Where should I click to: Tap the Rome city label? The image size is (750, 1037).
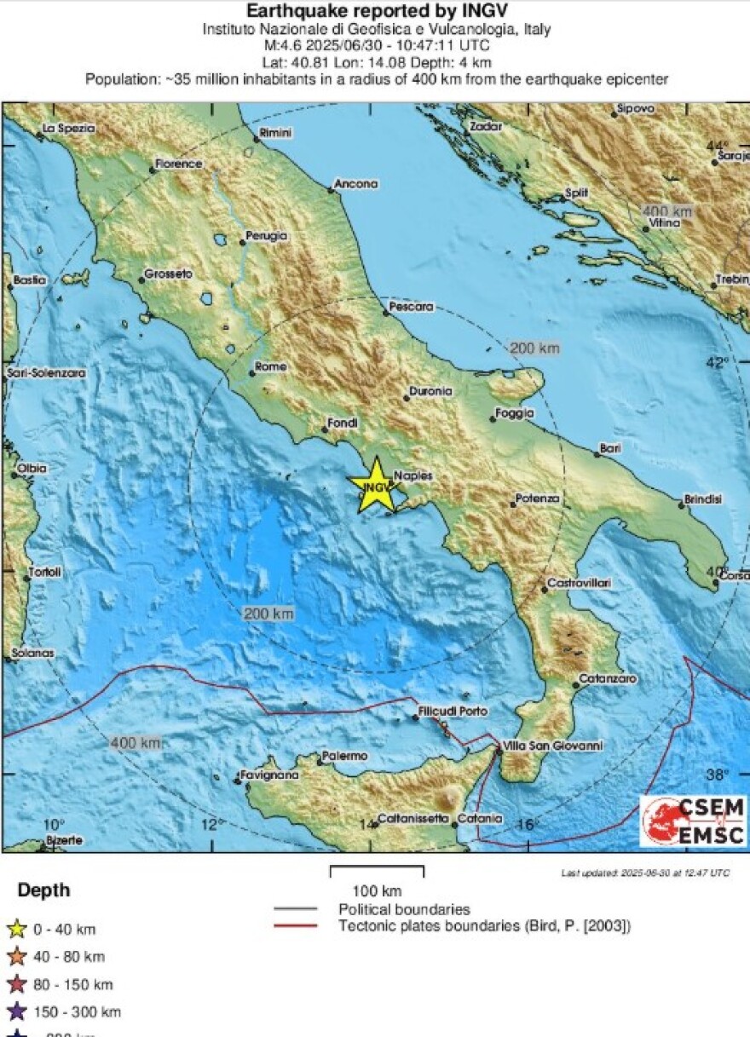point(271,367)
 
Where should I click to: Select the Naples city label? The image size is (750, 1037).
point(413,475)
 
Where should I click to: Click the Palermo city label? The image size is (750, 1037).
point(344,756)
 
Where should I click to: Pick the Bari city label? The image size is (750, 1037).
point(610,447)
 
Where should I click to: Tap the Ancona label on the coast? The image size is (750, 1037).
point(355,183)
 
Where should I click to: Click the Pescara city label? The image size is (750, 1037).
point(411,306)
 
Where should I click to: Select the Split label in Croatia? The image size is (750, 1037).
point(577,193)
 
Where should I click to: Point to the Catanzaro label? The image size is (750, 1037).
point(608,679)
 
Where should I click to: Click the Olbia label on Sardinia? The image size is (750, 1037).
point(32,468)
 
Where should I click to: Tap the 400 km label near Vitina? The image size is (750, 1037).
point(667,210)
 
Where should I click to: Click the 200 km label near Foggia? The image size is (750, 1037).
point(535,348)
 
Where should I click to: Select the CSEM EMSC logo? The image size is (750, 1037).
point(693,821)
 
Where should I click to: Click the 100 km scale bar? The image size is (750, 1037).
point(377,871)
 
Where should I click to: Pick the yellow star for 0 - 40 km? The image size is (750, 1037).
point(17,930)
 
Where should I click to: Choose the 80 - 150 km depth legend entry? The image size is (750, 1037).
point(72,984)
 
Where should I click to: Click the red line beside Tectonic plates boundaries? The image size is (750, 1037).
point(295,926)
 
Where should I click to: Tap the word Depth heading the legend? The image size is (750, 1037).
point(43,891)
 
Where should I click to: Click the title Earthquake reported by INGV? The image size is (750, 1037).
point(376,11)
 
